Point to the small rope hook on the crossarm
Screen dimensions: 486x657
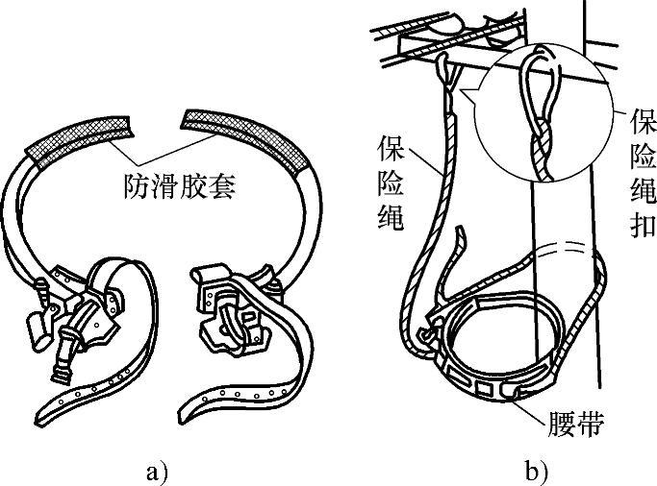444,67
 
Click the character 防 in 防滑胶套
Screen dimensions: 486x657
136,185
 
